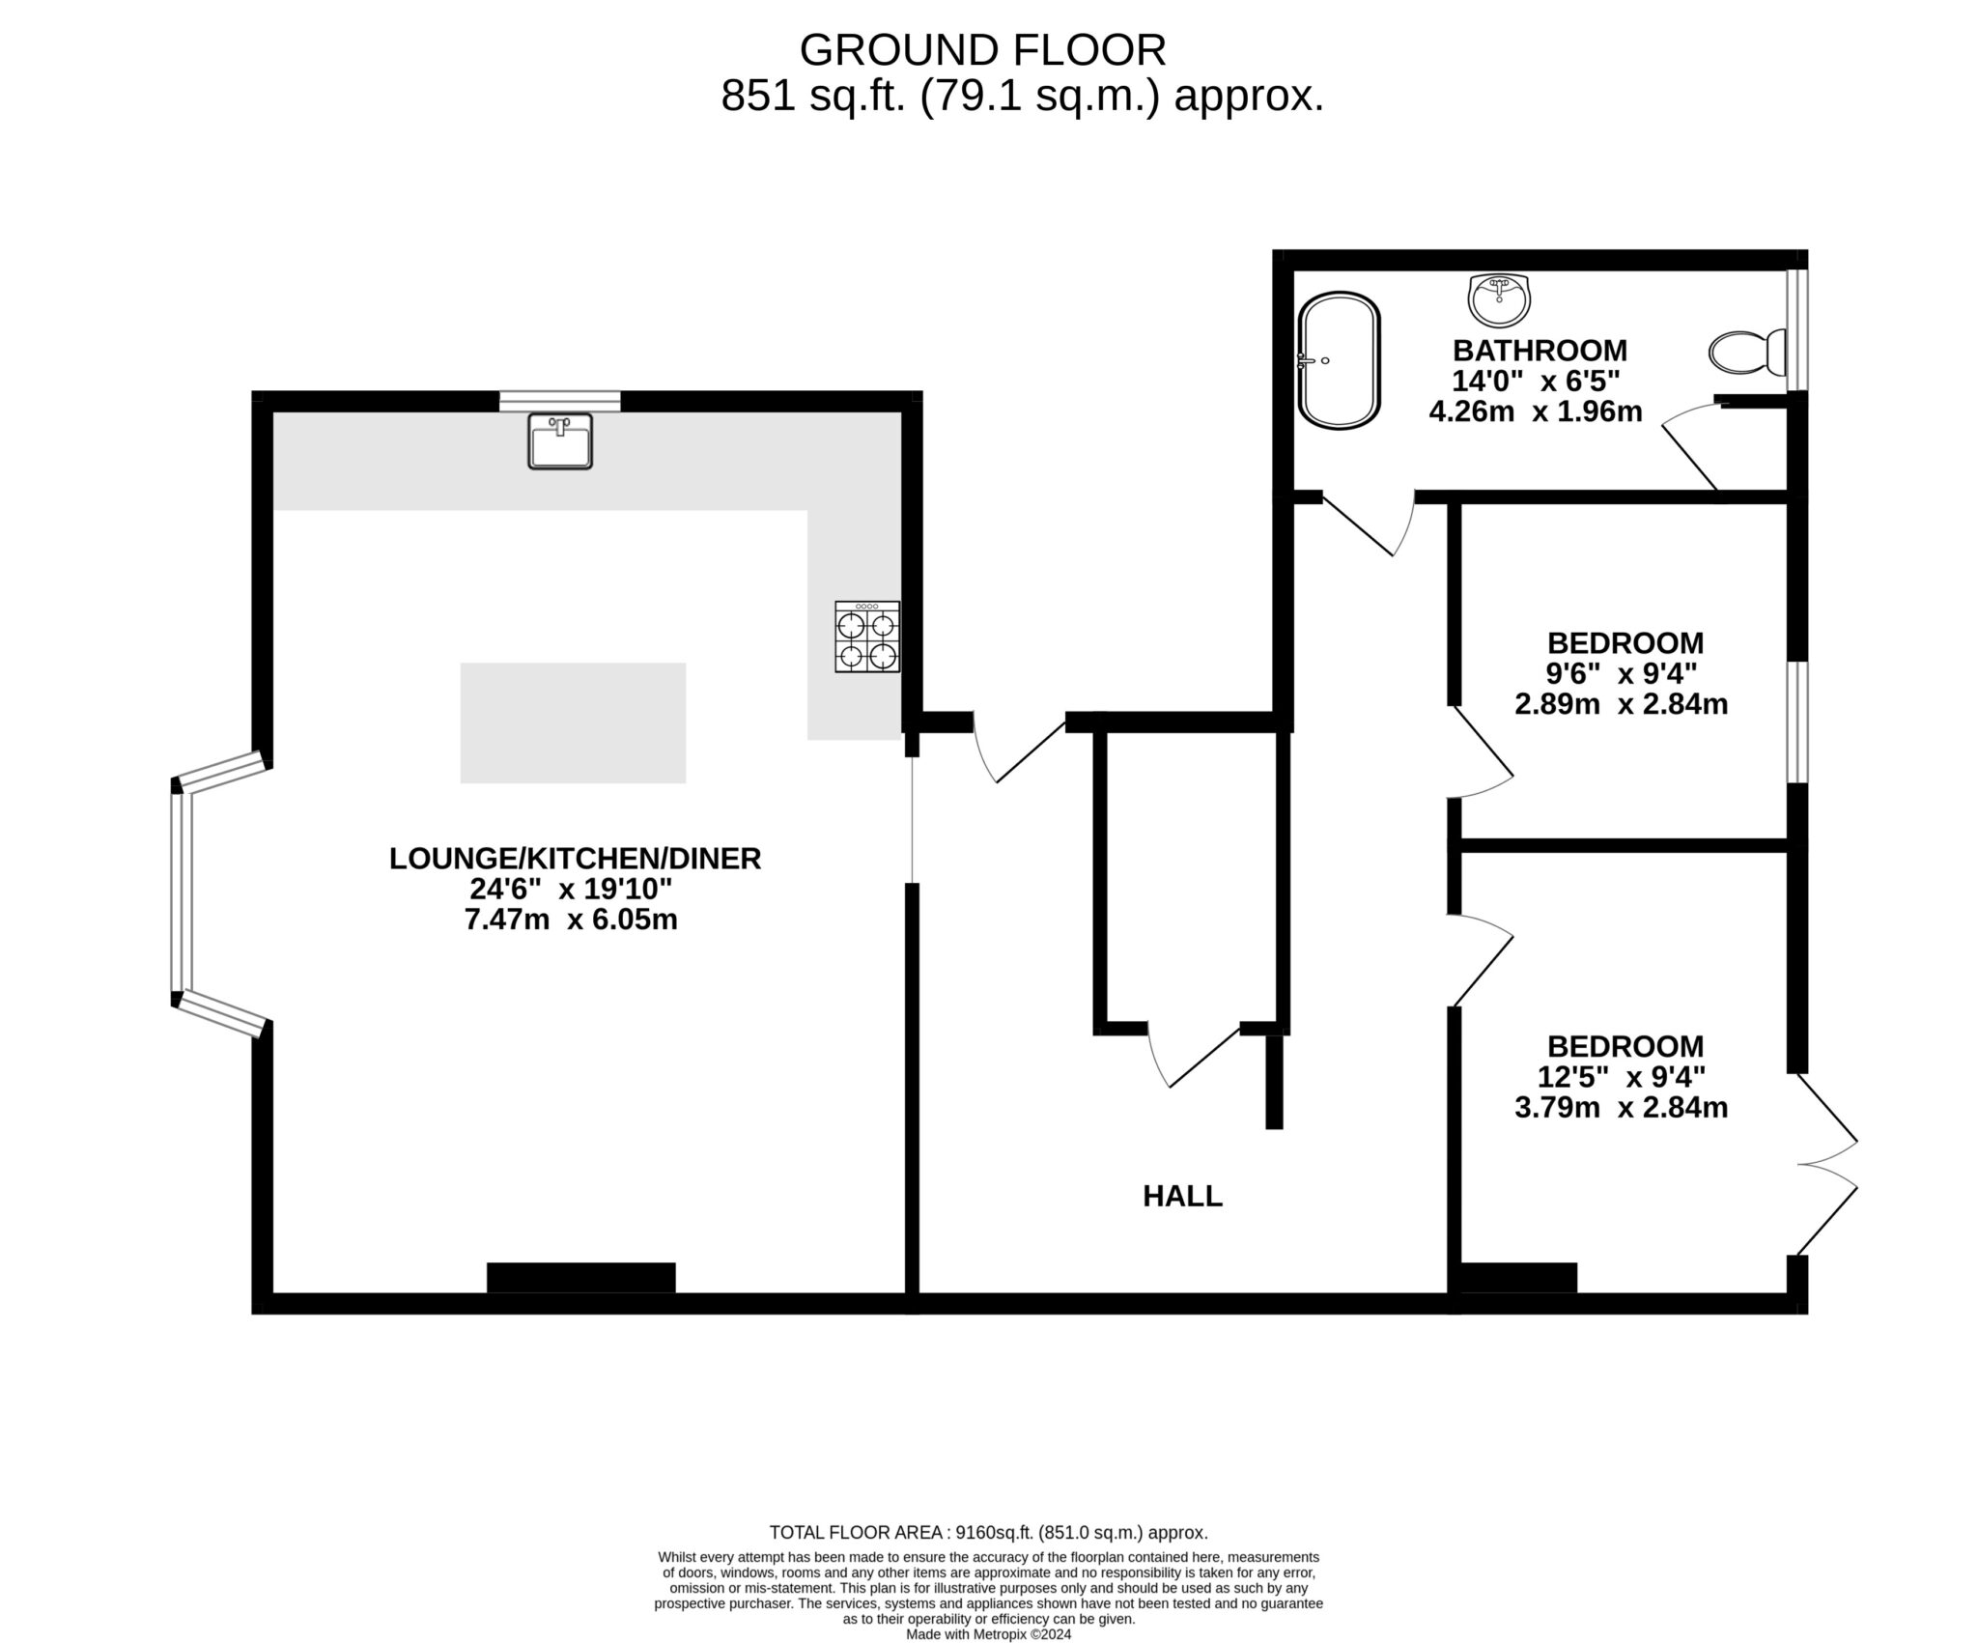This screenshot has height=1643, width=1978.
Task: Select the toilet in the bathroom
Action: (x=1747, y=354)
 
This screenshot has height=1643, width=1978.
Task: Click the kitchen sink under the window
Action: (x=559, y=441)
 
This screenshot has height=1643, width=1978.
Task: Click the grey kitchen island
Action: (x=573, y=722)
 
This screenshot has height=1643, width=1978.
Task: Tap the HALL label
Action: (x=1182, y=1197)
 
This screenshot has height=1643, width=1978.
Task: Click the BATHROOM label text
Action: (x=1540, y=350)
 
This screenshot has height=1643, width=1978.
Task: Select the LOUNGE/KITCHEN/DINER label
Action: (x=575, y=858)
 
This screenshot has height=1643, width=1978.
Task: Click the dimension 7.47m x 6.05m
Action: (x=571, y=920)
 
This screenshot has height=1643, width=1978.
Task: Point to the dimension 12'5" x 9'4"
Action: (x=1621, y=1076)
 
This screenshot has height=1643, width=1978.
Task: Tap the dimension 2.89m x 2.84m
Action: (x=1621, y=704)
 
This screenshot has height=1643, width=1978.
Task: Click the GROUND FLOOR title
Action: (x=982, y=50)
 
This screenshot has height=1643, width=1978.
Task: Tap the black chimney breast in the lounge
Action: (x=580, y=1277)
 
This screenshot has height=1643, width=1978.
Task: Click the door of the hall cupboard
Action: (x=1195, y=1057)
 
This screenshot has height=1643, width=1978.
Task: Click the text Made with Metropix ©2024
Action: (x=988, y=1634)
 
